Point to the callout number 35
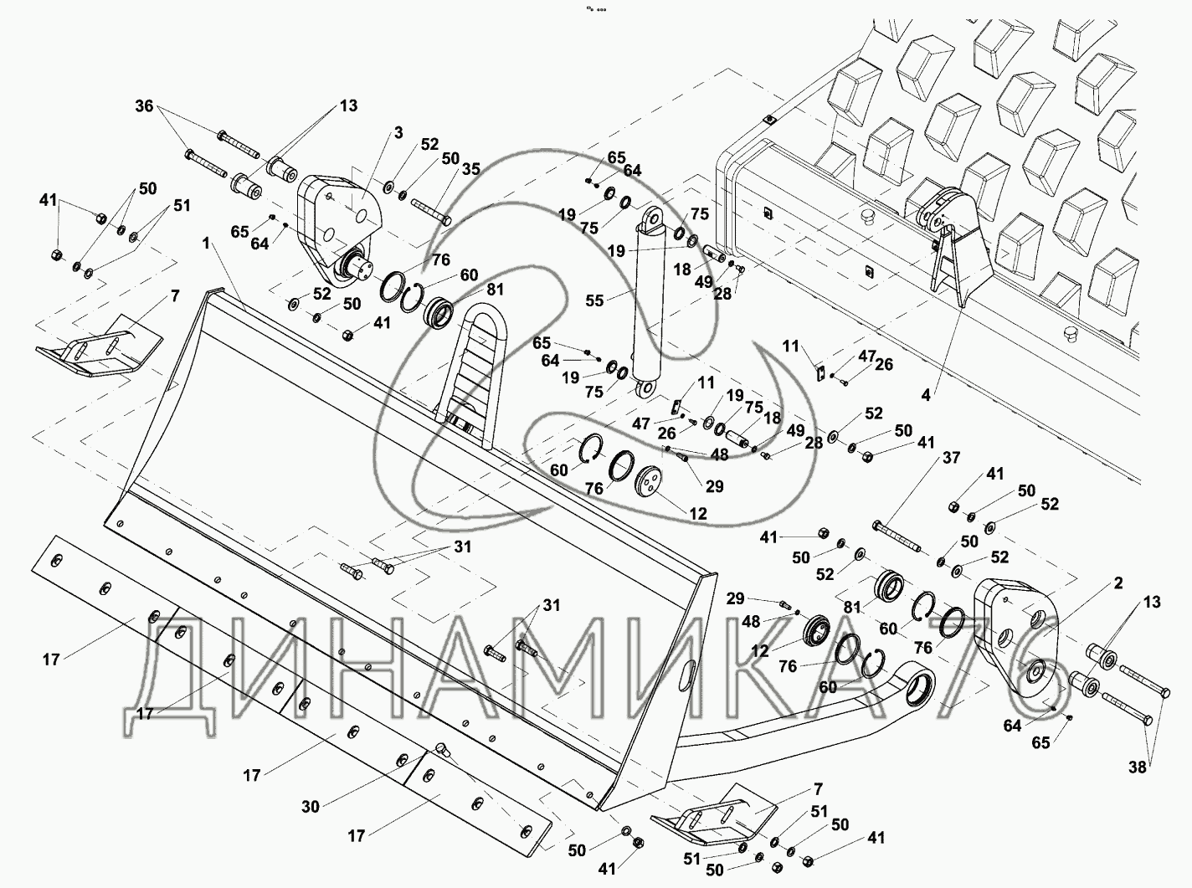471,168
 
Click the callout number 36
144,106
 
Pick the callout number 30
311,808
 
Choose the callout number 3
398,132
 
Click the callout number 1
205,244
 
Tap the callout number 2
1118,583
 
